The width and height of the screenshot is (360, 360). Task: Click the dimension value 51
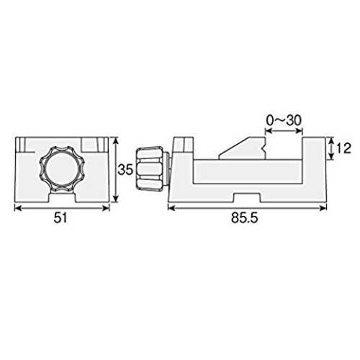[x=60, y=218]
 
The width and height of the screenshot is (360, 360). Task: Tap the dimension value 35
[x=125, y=170]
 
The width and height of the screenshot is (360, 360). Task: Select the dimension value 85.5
[x=245, y=218]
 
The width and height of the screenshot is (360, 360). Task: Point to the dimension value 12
[x=343, y=148]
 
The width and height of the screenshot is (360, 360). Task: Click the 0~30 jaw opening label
[x=284, y=120]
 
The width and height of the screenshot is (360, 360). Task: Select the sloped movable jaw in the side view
[x=243, y=148]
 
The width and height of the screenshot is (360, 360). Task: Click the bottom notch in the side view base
[x=247, y=198]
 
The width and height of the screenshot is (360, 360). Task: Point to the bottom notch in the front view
[x=63, y=197]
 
